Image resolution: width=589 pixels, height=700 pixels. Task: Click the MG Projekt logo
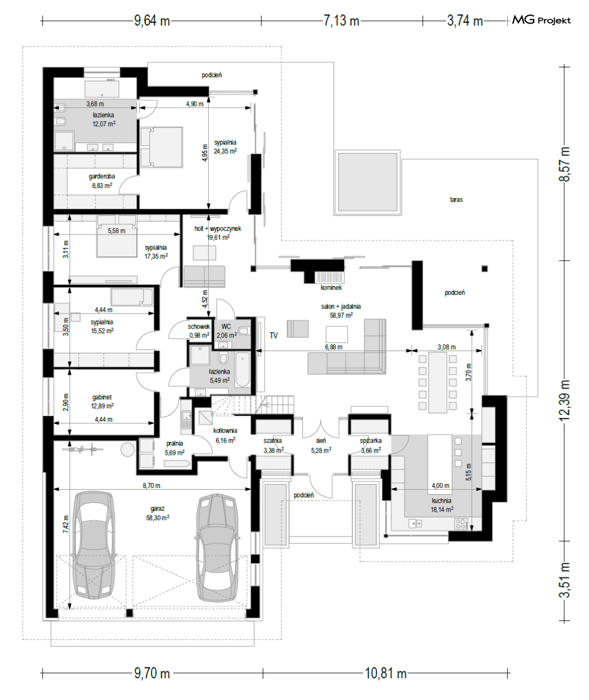coord(541,20)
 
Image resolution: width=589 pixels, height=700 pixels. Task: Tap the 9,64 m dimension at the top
coord(152,21)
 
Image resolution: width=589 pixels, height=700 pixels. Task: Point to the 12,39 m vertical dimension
coord(564,400)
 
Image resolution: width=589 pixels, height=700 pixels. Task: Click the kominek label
coord(331,288)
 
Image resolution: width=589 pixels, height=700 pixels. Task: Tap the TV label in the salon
coord(274,335)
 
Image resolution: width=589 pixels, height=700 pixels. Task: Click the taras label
coord(456,200)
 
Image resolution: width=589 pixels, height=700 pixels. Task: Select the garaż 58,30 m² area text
coord(158,513)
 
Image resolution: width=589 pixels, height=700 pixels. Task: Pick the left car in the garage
coord(94,545)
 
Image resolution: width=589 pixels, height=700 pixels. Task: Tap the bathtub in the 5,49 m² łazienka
coord(243,370)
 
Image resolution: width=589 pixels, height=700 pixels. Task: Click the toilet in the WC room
coord(244,331)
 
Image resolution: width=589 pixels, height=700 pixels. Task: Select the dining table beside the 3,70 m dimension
coord(438,382)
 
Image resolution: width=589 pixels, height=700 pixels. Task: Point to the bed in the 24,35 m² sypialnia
coord(162,147)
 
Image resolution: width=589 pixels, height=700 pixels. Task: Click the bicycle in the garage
coord(87,449)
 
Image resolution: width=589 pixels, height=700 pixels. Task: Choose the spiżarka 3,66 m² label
coord(371,445)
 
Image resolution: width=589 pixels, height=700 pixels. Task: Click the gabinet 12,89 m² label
coord(102,402)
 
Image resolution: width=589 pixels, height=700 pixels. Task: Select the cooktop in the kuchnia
coord(461,524)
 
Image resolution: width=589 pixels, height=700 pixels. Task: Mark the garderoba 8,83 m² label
coord(102,181)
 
